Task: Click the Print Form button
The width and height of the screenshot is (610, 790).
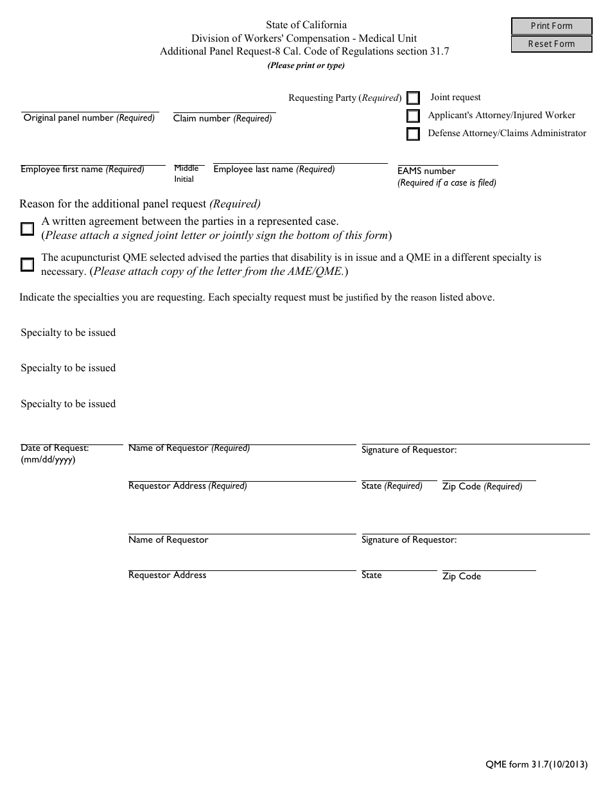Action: tap(551, 26)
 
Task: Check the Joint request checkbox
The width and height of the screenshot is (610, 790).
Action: tap(414, 98)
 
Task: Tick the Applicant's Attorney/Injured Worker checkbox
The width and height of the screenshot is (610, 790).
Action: tap(414, 116)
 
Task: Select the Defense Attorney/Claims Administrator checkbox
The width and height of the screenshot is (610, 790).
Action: tap(414, 134)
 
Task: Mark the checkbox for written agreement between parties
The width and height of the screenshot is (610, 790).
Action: tap(27, 229)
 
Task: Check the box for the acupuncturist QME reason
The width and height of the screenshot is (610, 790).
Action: tap(27, 265)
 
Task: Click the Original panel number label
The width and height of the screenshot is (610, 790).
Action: tap(89, 118)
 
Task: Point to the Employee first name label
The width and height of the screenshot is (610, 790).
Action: tap(82, 170)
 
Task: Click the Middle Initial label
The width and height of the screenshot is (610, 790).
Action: tap(186, 173)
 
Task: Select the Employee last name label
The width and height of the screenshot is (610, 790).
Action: tap(274, 170)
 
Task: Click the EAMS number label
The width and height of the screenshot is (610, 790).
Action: tap(426, 171)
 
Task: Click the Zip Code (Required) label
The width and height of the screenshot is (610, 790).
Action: tap(482, 487)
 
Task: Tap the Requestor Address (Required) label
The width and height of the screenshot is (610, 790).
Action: tap(187, 486)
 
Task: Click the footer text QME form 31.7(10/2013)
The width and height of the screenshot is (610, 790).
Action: tap(536, 765)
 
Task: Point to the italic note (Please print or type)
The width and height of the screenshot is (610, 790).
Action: tap(306, 66)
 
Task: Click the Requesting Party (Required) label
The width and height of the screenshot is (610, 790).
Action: tap(345, 98)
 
